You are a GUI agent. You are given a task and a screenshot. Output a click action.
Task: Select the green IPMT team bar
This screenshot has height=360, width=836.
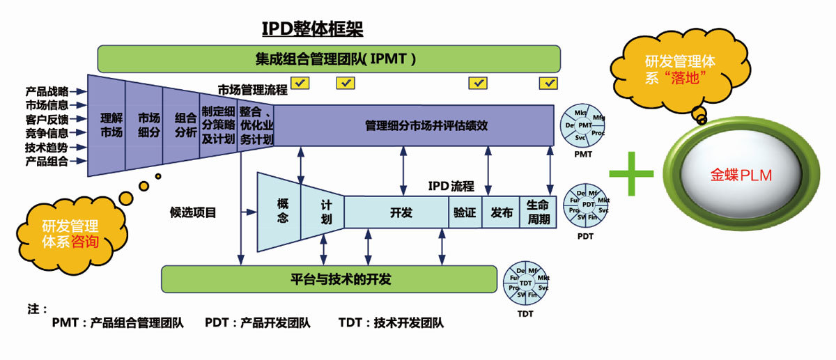[x=329, y=59]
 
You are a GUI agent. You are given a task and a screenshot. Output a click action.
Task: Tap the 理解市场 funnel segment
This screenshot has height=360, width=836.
[x=111, y=125]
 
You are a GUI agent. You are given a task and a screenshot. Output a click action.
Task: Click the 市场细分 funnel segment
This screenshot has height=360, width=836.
[x=148, y=125]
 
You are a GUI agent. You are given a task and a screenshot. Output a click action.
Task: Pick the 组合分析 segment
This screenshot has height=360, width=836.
[x=185, y=125]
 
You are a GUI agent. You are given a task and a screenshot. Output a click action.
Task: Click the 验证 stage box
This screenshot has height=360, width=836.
[x=465, y=212]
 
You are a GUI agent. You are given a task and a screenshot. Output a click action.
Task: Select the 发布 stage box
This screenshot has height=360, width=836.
[x=502, y=212]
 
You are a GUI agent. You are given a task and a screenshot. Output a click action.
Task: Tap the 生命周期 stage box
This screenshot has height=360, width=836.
[x=539, y=212]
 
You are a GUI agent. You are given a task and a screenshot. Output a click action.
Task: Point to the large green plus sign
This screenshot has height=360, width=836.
[x=631, y=171]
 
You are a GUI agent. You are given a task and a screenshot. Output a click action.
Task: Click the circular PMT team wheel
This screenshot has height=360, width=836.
[x=585, y=125]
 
